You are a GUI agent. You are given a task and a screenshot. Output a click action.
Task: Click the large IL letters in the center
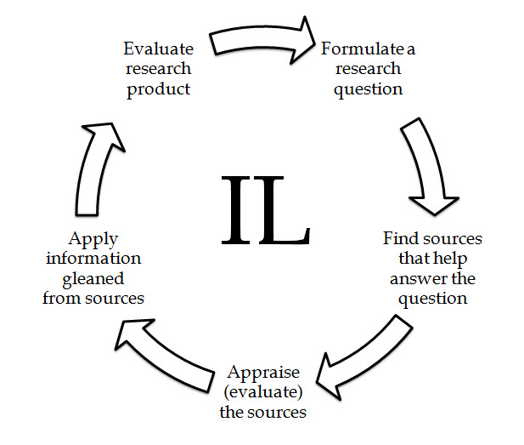click(265, 209)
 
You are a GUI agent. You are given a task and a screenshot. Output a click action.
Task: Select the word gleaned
click(93, 278)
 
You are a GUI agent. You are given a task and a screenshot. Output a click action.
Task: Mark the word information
click(93, 258)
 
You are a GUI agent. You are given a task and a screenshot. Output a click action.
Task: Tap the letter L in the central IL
click(285, 209)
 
